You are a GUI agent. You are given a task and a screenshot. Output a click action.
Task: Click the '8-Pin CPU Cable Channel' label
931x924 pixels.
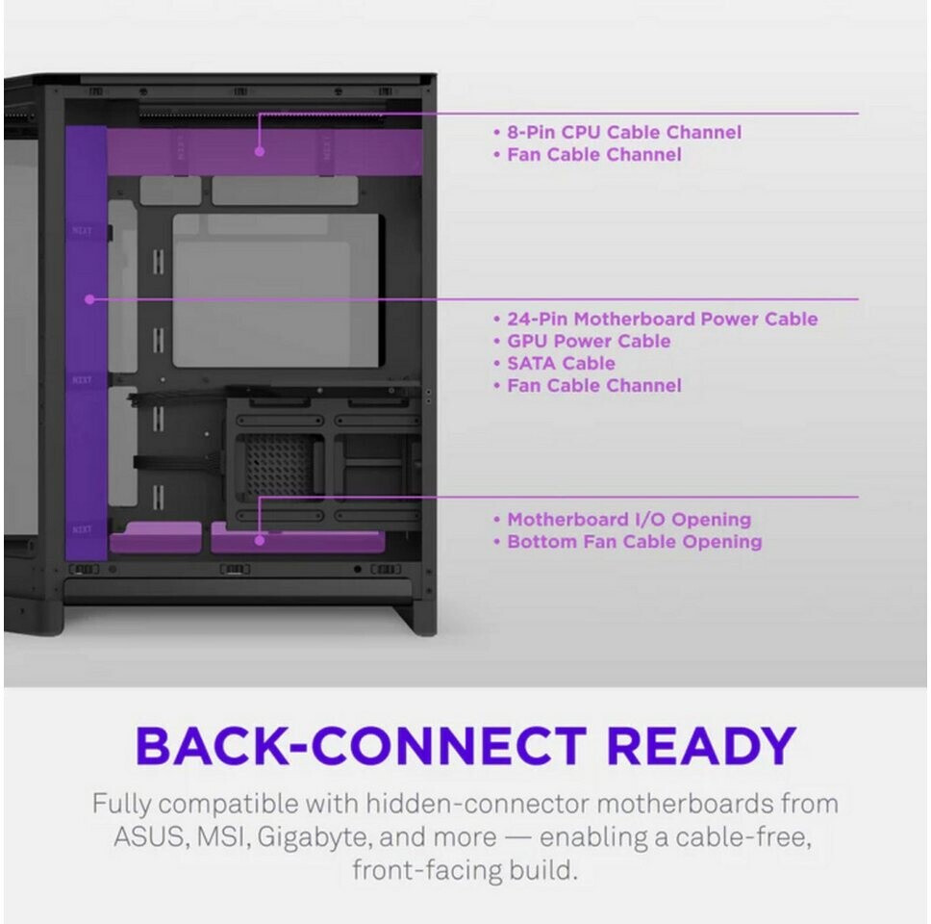pos(624,132)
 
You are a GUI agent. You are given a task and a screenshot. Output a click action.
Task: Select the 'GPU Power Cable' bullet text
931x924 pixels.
pos(589,341)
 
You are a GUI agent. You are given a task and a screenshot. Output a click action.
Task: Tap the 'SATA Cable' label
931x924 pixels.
pos(561,363)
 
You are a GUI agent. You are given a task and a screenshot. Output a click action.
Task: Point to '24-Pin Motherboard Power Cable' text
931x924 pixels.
pos(662,320)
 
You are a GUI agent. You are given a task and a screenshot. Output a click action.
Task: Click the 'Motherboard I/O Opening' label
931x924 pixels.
pos(629,520)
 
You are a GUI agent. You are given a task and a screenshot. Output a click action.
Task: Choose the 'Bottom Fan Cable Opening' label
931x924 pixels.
pos(634,542)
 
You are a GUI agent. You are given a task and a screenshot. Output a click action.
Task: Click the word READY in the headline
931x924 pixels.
pos(700,746)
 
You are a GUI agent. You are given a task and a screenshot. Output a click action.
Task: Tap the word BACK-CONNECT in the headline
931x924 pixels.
pos(361,746)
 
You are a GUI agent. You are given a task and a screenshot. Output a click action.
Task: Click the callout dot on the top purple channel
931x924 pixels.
pos(260,151)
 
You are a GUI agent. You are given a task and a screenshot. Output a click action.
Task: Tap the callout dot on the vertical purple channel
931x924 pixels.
pos(89,299)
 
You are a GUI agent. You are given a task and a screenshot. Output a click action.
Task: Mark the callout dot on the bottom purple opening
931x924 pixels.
pos(260,540)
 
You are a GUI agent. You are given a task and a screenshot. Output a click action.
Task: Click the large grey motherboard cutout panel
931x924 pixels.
pos(276,291)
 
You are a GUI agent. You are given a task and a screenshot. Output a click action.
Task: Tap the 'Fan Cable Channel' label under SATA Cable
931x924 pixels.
pos(593,386)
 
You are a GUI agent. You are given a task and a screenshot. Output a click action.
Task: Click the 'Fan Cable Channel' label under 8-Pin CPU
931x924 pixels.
pos(593,155)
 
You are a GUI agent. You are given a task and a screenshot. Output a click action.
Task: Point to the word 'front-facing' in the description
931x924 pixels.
pos(426,870)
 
